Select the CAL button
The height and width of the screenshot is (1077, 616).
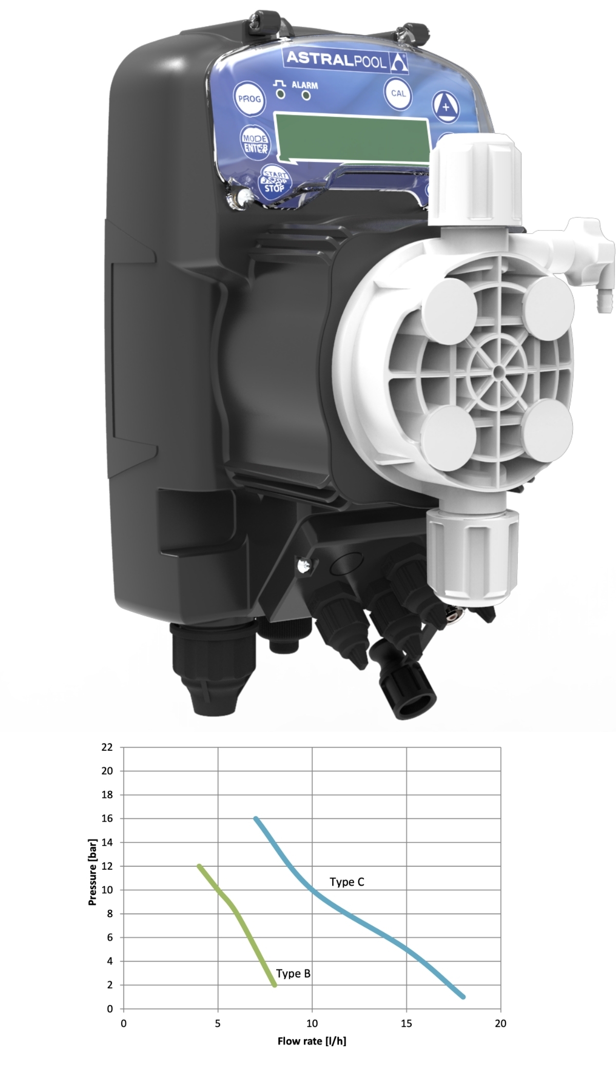398,93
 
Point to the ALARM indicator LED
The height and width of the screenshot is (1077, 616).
306,95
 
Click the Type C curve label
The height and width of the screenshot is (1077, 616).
347,882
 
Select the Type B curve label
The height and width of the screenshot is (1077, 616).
293,973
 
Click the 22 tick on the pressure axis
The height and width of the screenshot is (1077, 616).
106,747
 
